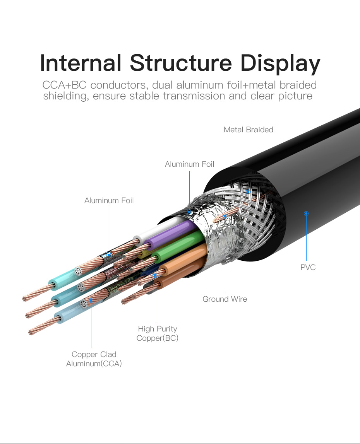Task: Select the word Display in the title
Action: (280, 64)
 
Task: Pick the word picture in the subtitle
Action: (295, 96)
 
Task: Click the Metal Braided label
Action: (248, 130)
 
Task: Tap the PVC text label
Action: (308, 267)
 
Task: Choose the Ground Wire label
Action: (225, 299)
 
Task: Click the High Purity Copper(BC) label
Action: (157, 333)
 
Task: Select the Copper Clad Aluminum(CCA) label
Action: (94, 359)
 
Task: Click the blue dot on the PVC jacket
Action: (306, 213)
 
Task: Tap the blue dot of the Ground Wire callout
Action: (225, 217)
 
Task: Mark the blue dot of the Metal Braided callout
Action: (248, 191)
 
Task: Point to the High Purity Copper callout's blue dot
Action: (155, 275)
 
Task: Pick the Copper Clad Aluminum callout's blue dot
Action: (91, 300)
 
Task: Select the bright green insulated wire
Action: (178, 248)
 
